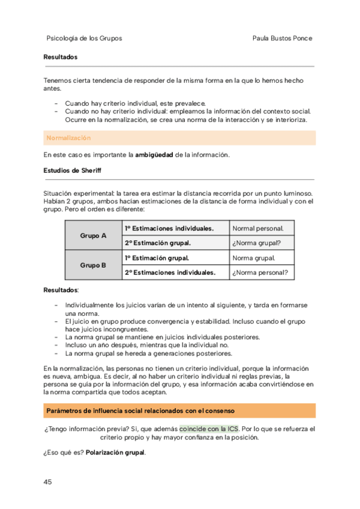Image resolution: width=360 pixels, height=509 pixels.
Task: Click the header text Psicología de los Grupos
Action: click(84, 38)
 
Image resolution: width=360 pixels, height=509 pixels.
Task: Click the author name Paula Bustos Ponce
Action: click(283, 38)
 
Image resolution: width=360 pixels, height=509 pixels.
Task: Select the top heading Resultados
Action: click(61, 57)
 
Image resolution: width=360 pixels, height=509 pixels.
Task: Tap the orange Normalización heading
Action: click(68, 138)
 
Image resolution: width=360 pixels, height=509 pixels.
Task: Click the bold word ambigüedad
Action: click(154, 154)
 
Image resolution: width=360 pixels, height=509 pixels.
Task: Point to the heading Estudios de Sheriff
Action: click(73, 170)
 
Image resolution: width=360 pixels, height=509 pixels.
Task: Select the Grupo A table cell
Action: click(93, 236)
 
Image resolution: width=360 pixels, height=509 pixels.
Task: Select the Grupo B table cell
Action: click(93, 265)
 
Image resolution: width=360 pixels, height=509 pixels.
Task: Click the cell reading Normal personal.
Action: click(254, 229)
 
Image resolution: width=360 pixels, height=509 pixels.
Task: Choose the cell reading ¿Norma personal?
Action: click(260, 273)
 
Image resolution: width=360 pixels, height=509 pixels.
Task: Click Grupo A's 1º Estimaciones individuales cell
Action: click(169, 229)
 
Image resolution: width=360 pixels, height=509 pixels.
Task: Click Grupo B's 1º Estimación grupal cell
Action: click(157, 258)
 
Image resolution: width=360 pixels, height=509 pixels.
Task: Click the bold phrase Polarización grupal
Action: click(115, 452)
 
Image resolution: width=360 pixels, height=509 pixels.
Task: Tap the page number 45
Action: click(48, 481)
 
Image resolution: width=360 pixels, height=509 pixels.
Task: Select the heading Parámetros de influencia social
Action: click(139, 411)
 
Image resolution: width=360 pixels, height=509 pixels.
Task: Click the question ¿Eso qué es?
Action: click(63, 452)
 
